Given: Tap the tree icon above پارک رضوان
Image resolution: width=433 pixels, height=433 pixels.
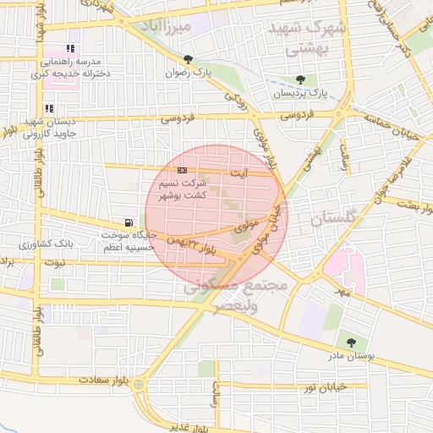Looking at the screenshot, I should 188,59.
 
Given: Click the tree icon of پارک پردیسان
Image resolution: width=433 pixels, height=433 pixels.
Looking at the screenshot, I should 300,79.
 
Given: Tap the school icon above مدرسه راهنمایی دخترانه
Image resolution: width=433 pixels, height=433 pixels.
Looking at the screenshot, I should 69,49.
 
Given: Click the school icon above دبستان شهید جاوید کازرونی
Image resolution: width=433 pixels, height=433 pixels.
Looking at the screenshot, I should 50,108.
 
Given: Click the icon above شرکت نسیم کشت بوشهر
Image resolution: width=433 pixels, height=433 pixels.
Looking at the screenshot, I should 183,170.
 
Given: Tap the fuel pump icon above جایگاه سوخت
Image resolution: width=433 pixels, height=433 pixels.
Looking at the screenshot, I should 128,222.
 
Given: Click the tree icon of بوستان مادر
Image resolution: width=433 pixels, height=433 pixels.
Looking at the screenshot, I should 351,342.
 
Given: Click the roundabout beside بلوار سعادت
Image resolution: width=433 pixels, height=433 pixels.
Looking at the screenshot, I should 138,385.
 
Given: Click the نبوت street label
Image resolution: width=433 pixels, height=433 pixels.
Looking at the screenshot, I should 54,263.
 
